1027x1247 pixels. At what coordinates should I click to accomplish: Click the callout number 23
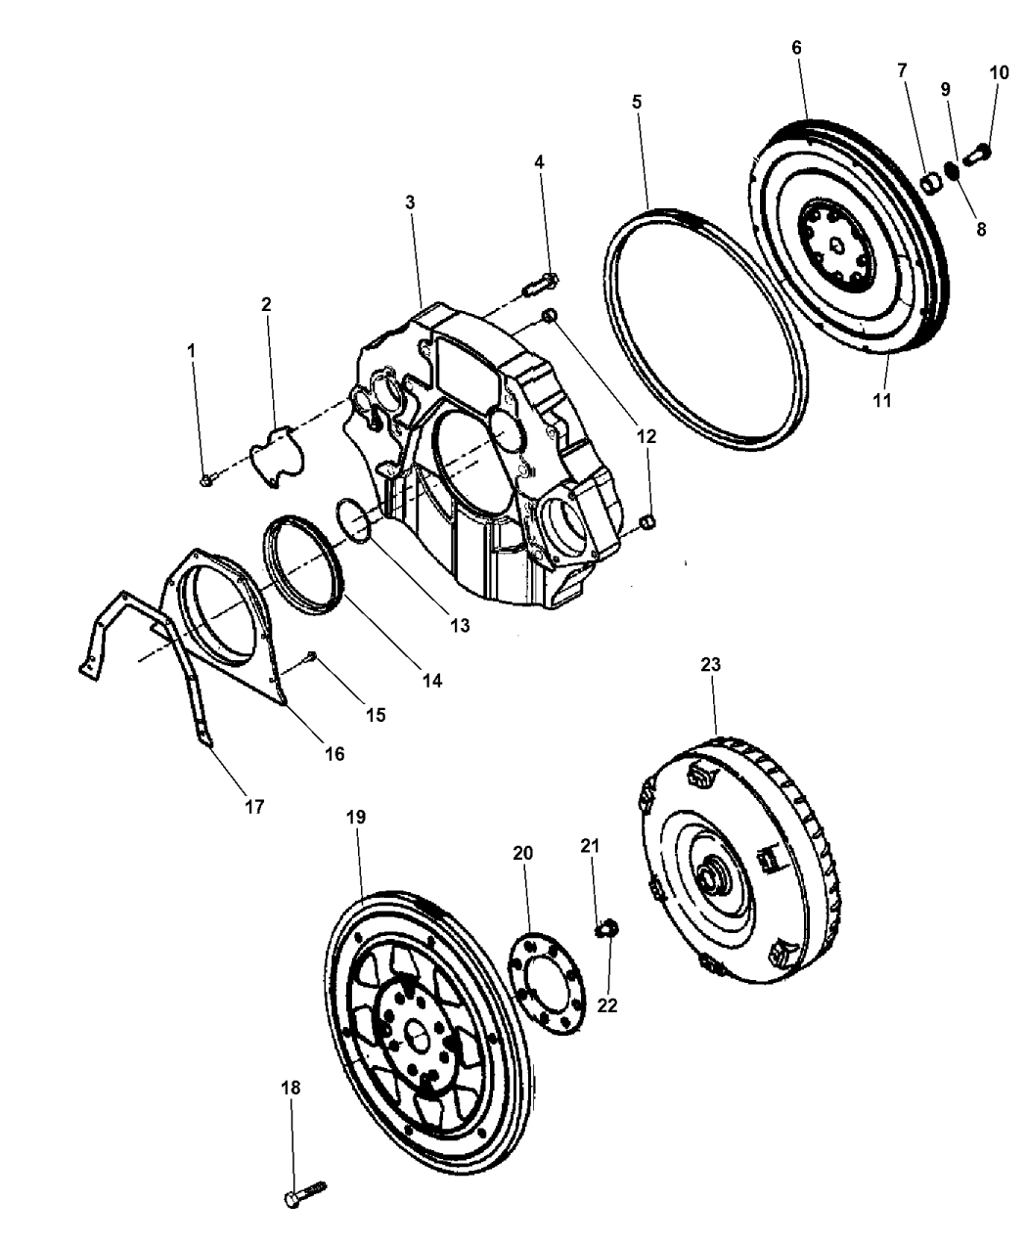pyautogui.click(x=710, y=664)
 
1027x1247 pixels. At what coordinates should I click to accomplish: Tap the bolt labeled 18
pyautogui.click(x=304, y=1194)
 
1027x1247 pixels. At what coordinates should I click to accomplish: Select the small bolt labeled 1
pyautogui.click(x=206, y=479)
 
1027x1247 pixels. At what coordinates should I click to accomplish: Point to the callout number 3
pyautogui.click(x=410, y=202)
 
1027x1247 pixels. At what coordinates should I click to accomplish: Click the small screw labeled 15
pyautogui.click(x=311, y=655)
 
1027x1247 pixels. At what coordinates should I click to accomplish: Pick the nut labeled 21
pyautogui.click(x=606, y=924)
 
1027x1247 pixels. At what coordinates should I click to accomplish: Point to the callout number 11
pyautogui.click(x=883, y=400)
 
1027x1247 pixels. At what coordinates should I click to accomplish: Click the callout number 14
pyautogui.click(x=431, y=680)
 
